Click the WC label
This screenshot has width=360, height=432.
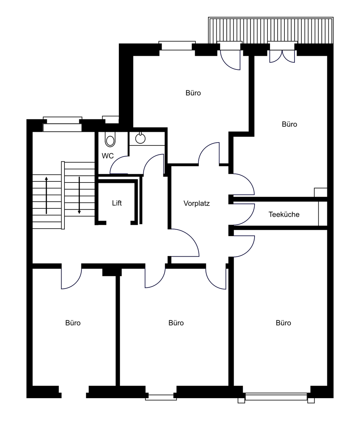click(x=108, y=156)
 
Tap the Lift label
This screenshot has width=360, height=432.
click(x=117, y=203)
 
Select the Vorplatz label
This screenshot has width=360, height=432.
click(x=196, y=203)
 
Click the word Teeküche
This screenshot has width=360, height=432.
click(x=284, y=214)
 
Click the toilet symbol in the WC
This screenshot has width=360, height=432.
click(x=110, y=139)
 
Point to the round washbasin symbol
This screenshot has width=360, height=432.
click(x=140, y=138)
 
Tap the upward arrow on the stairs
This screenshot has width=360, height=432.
click(x=46, y=195)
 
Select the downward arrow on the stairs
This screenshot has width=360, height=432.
click(x=79, y=195)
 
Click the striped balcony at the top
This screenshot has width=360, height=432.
click(x=271, y=30)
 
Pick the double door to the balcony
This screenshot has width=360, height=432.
click(x=282, y=56)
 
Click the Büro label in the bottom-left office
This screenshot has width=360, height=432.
click(x=73, y=323)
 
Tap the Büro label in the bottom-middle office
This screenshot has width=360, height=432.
click(x=176, y=323)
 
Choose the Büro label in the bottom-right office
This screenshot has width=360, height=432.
click(x=283, y=323)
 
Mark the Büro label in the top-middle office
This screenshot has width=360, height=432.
click(x=193, y=93)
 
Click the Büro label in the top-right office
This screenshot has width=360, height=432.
click(x=289, y=124)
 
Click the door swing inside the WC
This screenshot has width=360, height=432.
click(x=116, y=163)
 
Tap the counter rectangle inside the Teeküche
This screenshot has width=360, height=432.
click(x=323, y=214)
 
